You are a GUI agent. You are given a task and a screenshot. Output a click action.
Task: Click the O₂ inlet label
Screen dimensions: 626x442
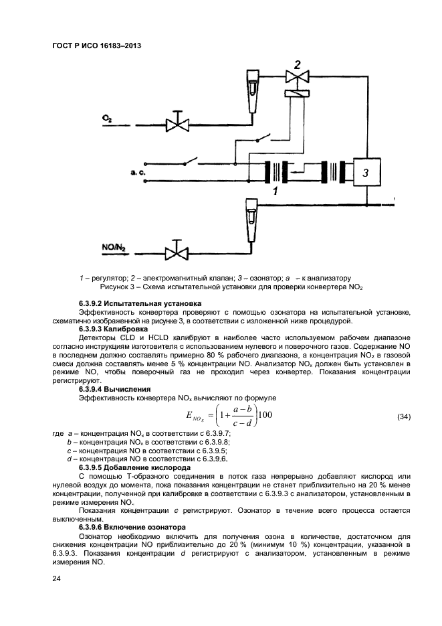click(x=107, y=118)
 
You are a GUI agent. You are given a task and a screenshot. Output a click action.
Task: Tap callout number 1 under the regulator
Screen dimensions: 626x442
click(x=274, y=191)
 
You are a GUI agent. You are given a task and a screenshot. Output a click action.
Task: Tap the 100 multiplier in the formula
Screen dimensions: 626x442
click(x=265, y=416)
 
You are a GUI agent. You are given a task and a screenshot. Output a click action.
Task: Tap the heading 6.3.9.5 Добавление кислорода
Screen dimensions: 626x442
click(x=134, y=467)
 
